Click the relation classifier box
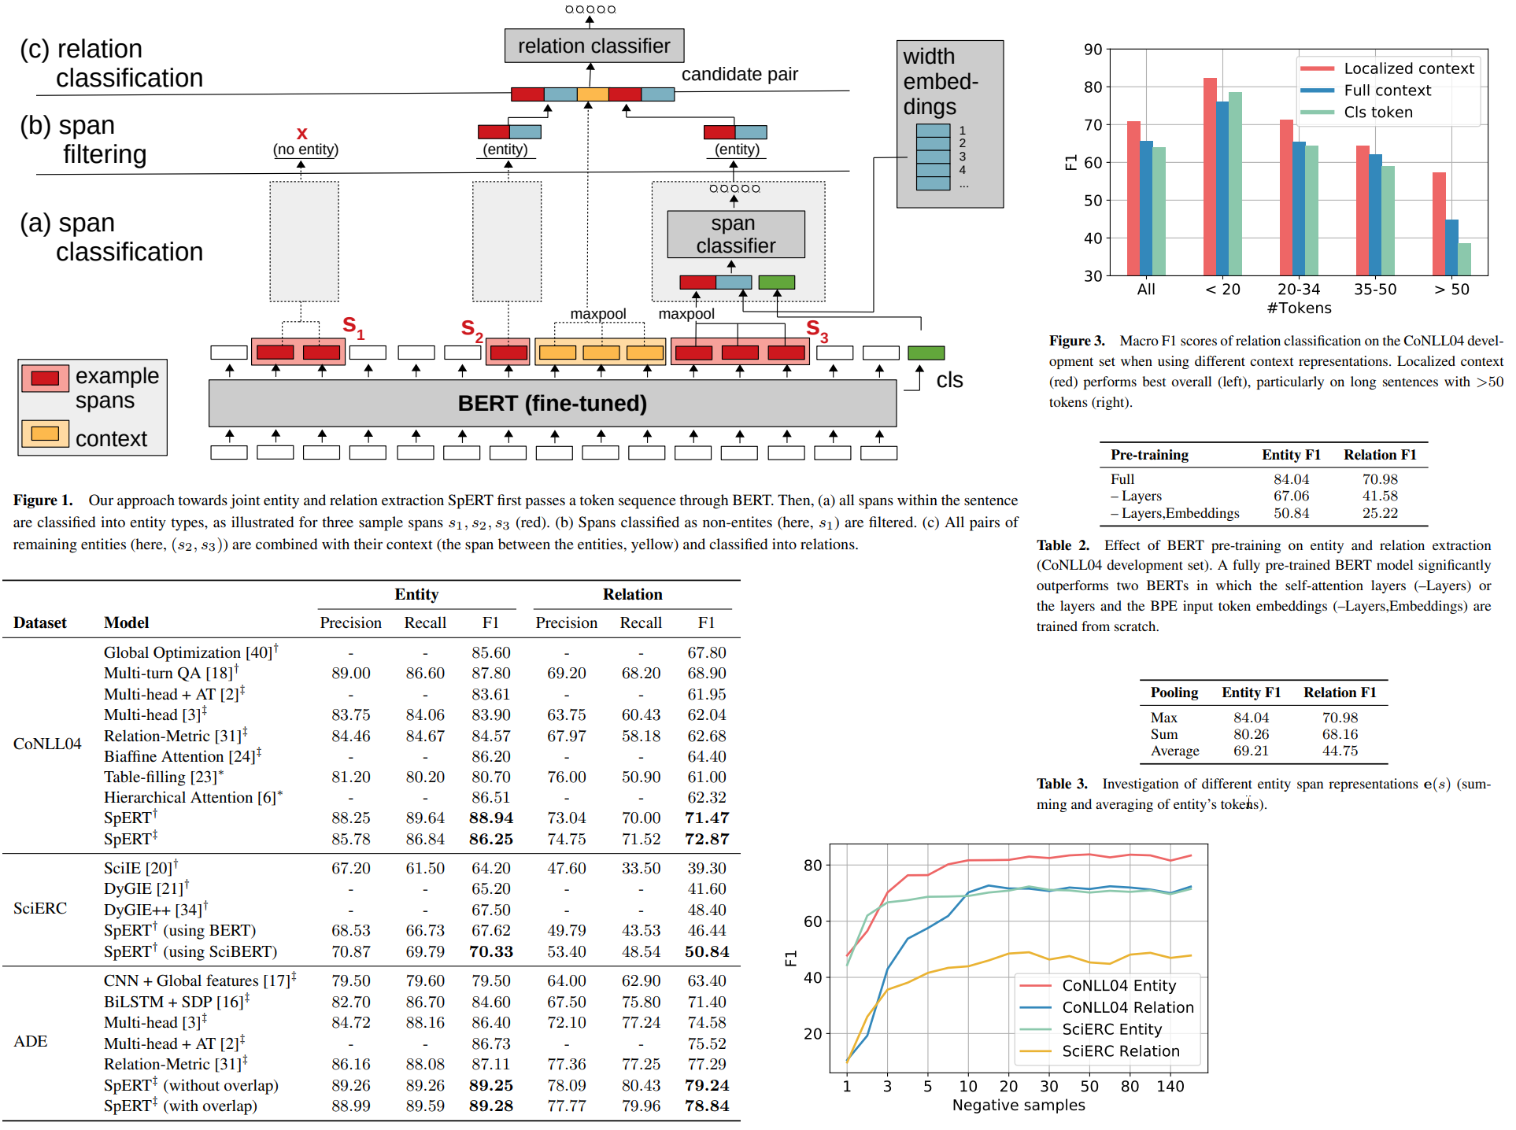pyautogui.click(x=593, y=46)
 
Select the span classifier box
pyautogui.click(x=735, y=234)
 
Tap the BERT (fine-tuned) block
pyautogui.click(x=552, y=403)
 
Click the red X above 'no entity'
pyautogui.click(x=301, y=134)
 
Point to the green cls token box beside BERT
pyautogui.click(x=926, y=353)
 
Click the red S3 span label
pyautogui.click(x=816, y=330)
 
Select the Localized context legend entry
pyautogui.click(x=1408, y=68)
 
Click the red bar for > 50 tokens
pyautogui.click(x=1438, y=223)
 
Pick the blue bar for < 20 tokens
pyautogui.click(x=1222, y=188)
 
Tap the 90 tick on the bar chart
pyautogui.click(x=1093, y=50)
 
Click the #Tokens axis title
pyautogui.click(x=1299, y=308)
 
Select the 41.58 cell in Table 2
pyautogui.click(x=1380, y=496)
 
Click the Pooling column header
pyautogui.click(x=1174, y=692)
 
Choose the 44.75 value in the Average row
pyautogui.click(x=1340, y=751)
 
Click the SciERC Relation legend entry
pyautogui.click(x=1120, y=1051)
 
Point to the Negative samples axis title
pyautogui.click(x=1018, y=1105)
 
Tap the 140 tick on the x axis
pyautogui.click(x=1170, y=1086)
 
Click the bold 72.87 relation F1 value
pyautogui.click(x=706, y=839)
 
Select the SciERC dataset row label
pyautogui.click(x=40, y=908)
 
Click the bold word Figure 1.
pyautogui.click(x=43, y=500)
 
